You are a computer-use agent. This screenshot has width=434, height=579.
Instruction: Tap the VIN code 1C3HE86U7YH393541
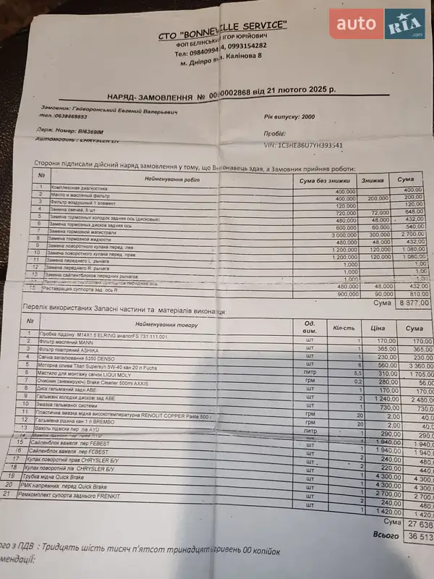tap(304, 145)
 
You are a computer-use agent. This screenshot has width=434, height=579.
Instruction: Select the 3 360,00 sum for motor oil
tap(417, 366)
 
